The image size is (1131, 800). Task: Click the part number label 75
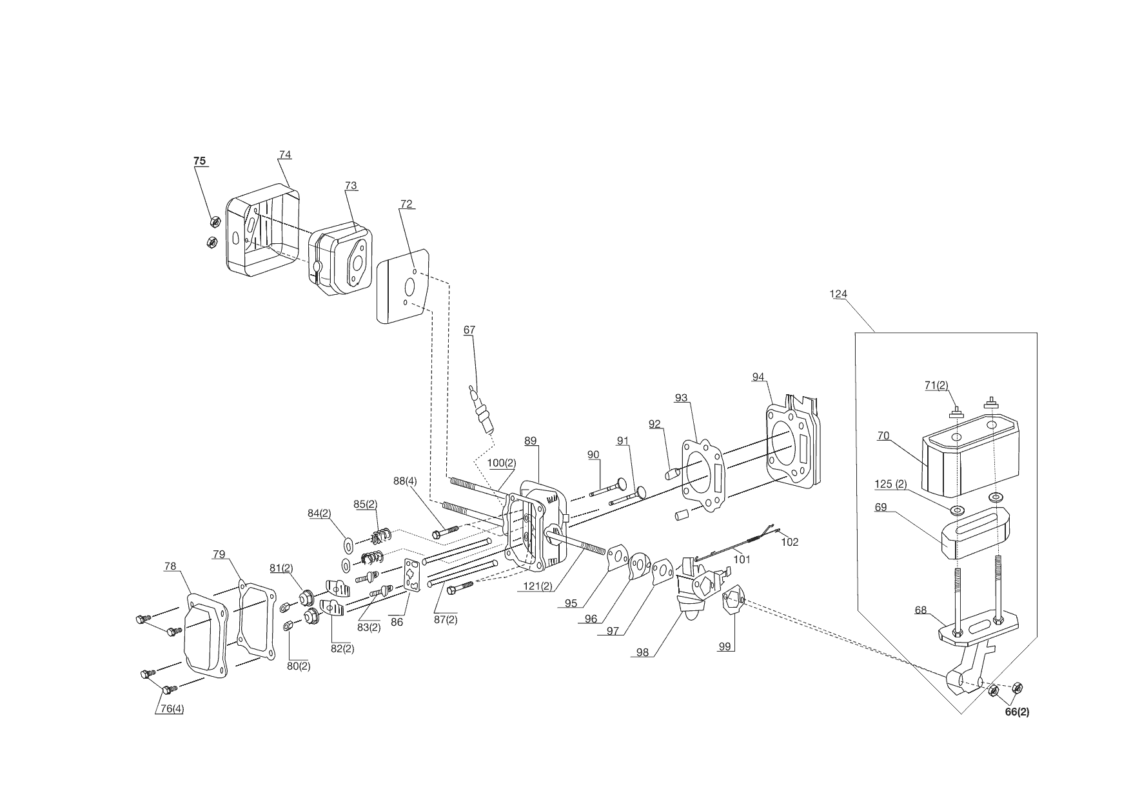(x=200, y=161)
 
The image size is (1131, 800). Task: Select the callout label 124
(x=838, y=294)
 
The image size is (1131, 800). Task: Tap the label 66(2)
(x=1018, y=712)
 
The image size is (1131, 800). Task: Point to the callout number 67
(x=469, y=330)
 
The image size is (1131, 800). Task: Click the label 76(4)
(x=172, y=708)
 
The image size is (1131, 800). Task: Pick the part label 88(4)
(x=405, y=481)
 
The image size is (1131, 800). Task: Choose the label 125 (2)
(x=890, y=484)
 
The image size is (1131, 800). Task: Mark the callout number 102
(x=789, y=542)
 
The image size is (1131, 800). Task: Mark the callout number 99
(x=726, y=646)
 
